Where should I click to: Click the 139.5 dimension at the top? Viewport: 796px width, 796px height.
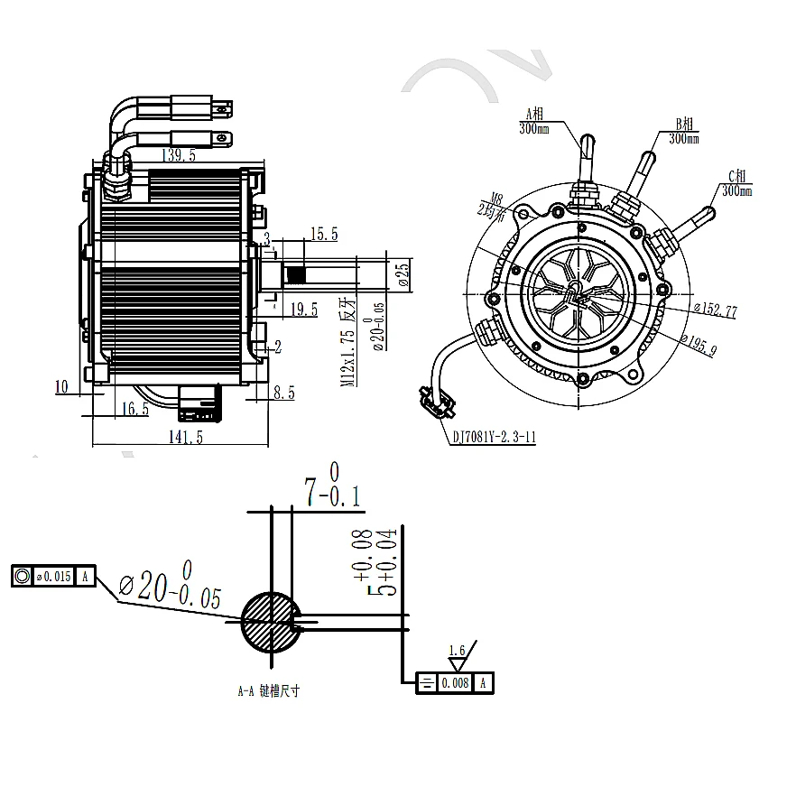180,156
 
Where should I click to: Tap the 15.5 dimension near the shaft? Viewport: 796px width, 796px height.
322,235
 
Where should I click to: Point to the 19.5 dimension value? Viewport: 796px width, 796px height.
303,310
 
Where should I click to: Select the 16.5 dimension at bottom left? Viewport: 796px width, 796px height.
133,410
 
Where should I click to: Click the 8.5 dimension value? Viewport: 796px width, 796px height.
284,393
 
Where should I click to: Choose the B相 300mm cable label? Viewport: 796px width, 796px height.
683,131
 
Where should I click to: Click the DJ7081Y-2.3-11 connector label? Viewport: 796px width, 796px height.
492,439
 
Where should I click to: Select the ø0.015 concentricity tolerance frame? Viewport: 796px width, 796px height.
53,576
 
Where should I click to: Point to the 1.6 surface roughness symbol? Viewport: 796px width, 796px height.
458,657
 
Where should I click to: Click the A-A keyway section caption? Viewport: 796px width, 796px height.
267,692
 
